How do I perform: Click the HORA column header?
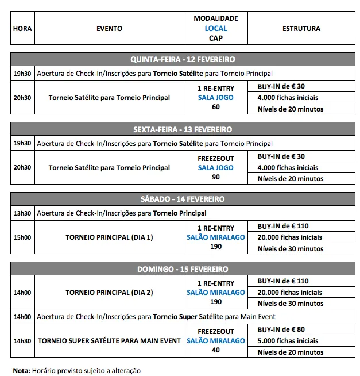coord(22,28)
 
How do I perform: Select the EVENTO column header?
coord(109,28)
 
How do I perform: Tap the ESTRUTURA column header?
coord(301,28)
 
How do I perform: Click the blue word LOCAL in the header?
coord(216,28)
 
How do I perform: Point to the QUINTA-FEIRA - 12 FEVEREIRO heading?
coord(183,59)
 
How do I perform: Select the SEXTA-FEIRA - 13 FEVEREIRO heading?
coord(183,129)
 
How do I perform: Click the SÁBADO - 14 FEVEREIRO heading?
coord(183,199)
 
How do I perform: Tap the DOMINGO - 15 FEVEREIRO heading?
coord(183,269)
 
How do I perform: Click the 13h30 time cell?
coord(22,213)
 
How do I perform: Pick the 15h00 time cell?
coord(22,237)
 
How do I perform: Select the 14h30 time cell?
coord(22,341)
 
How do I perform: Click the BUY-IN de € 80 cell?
coord(281,330)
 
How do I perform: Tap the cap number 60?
coord(216,107)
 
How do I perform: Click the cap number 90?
coord(216,177)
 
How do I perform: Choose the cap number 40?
coord(216,350)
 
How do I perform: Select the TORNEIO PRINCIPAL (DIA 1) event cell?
coord(109,237)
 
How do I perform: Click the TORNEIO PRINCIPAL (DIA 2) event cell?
coord(109,292)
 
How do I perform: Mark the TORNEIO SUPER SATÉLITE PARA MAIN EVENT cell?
coord(109,341)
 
